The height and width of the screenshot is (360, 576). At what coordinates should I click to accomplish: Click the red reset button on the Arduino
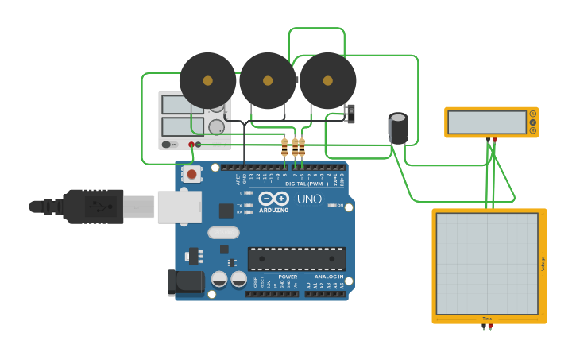(x=191, y=173)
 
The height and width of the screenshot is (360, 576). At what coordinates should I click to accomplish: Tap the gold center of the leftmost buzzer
(x=207, y=80)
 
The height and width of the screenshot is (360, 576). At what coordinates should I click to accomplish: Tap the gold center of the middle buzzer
(x=268, y=80)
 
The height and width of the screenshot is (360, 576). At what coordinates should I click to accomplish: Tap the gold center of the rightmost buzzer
(x=327, y=80)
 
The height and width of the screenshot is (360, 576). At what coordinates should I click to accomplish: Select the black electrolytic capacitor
(x=398, y=128)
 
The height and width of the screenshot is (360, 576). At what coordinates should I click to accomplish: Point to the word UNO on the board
(x=309, y=199)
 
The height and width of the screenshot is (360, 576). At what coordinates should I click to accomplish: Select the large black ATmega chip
(x=296, y=259)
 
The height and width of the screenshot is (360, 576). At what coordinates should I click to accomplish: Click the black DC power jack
(x=181, y=283)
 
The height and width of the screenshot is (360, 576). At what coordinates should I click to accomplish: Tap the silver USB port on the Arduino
(x=180, y=207)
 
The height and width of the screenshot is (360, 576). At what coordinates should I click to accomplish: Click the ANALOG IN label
(x=328, y=277)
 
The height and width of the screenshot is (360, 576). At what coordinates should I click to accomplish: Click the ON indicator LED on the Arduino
(x=331, y=205)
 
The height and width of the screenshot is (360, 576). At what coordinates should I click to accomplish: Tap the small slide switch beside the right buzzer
(x=350, y=114)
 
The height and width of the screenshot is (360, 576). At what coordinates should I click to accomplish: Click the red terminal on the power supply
(x=191, y=145)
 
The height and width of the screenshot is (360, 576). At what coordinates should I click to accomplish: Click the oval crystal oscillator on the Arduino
(x=223, y=233)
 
